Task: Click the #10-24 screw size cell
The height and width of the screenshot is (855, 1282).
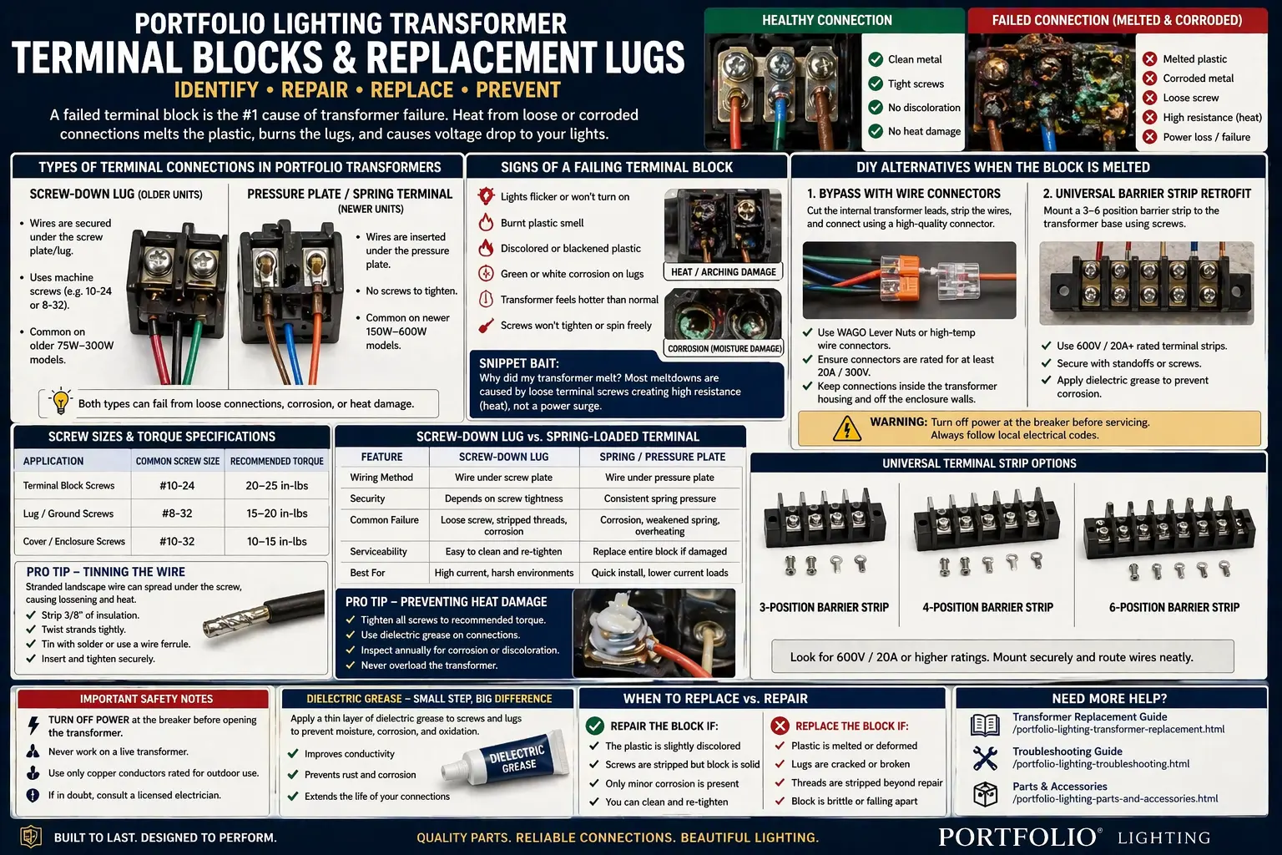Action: (x=177, y=486)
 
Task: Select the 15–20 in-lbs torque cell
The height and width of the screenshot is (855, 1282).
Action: (x=276, y=514)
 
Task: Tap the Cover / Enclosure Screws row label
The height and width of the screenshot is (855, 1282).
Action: (x=74, y=542)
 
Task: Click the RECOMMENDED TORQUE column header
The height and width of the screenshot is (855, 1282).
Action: (x=276, y=461)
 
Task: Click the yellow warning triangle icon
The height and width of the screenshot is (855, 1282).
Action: (x=846, y=428)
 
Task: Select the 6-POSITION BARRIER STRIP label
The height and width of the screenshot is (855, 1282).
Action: (x=1173, y=608)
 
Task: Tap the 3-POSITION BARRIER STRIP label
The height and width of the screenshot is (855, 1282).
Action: (x=824, y=608)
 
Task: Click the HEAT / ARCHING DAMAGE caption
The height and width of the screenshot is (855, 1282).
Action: (x=723, y=272)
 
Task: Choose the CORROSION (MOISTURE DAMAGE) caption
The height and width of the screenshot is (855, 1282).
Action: (x=724, y=349)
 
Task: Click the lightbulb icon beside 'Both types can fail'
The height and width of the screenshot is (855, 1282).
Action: (x=60, y=401)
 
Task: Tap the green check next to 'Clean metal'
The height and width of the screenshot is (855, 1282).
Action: (x=876, y=59)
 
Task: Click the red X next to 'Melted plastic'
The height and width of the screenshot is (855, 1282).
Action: (x=1149, y=58)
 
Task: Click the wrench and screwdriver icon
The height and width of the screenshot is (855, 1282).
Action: (x=985, y=757)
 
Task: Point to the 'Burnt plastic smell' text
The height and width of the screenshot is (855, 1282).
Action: (x=542, y=223)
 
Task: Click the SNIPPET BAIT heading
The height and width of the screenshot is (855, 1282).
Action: (x=518, y=363)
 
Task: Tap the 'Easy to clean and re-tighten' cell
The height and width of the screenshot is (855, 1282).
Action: (x=503, y=552)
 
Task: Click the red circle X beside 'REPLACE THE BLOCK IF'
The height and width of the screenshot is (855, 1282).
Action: (x=780, y=726)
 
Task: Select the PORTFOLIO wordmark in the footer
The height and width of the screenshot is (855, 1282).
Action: (x=1019, y=837)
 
